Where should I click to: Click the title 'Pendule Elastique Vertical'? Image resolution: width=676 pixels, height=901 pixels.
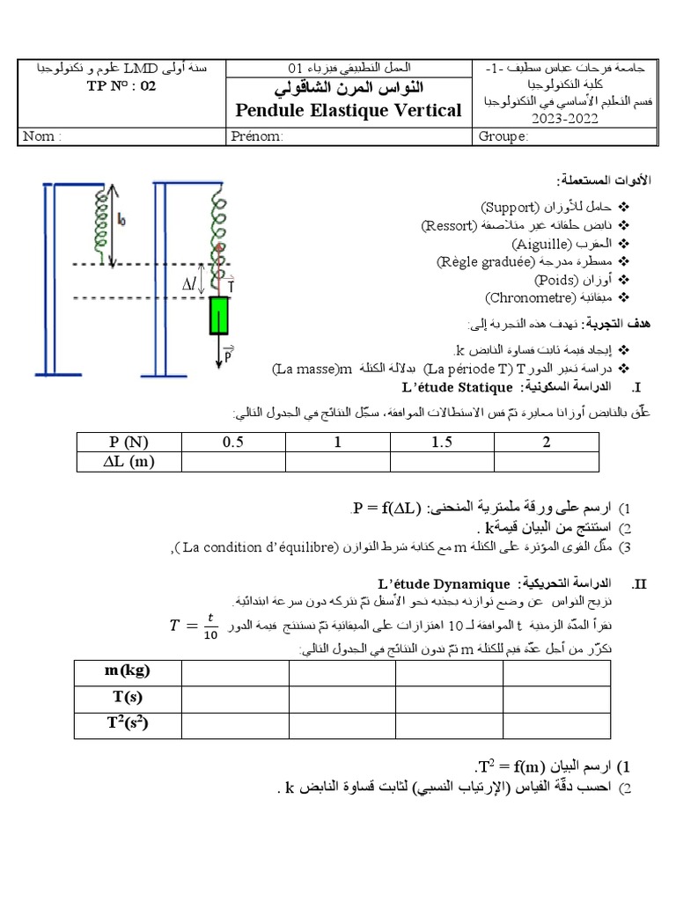[x=348, y=110]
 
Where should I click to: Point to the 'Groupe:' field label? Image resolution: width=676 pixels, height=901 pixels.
[x=503, y=136]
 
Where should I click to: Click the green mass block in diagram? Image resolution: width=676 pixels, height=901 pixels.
[x=218, y=316]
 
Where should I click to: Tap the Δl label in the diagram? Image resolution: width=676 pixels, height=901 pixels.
[x=190, y=284]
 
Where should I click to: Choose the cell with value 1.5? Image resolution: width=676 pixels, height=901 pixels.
[x=441, y=442]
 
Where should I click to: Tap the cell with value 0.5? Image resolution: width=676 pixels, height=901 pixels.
[x=232, y=442]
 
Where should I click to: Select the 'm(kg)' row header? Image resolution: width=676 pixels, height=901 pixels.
[x=127, y=671]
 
